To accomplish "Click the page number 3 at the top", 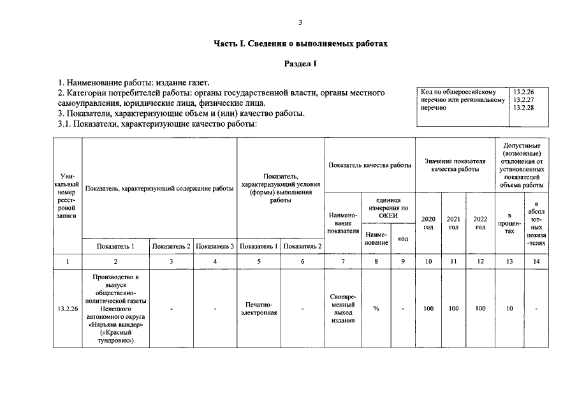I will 300,23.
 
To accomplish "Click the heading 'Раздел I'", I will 300,64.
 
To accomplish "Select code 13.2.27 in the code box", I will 523,100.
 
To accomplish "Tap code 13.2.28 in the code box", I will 523,108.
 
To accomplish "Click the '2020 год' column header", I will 428,222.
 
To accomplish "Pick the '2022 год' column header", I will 480,222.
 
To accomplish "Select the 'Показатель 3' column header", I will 215,246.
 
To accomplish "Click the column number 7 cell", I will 344,261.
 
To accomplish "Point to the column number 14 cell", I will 536,261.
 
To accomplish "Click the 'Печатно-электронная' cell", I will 259,309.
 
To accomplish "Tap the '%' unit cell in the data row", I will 376,309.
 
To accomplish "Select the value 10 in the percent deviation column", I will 509,309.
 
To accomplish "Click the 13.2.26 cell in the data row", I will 67,309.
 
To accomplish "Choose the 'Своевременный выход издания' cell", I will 344,309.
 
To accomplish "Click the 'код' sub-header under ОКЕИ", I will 403,238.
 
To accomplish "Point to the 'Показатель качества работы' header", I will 370,165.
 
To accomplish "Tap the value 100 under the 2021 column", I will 453,309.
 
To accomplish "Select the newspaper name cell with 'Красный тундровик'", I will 115,309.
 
